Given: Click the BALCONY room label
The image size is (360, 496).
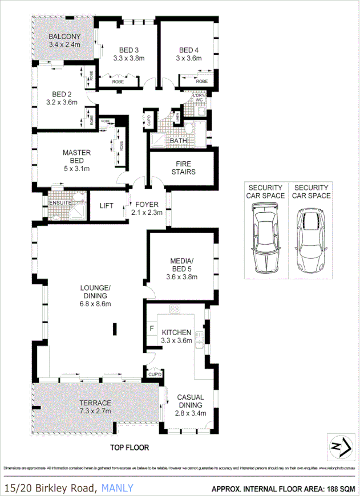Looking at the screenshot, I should tap(64, 36).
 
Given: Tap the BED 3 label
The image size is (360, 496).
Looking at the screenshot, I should tap(129, 49).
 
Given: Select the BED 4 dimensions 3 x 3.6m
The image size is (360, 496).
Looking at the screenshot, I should tap(189, 58).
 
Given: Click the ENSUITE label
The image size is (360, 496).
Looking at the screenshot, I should tap(60, 202).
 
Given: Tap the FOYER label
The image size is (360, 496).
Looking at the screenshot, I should tap(147, 204).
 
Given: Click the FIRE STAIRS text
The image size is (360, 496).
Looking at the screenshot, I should tap(183, 168).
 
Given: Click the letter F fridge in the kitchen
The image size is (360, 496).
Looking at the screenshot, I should tap(152, 328).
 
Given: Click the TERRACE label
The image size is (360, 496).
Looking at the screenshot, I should tap(95, 403).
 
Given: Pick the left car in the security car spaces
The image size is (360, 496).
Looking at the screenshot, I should tap(265, 234).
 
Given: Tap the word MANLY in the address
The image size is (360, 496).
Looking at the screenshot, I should tap(118, 487).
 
